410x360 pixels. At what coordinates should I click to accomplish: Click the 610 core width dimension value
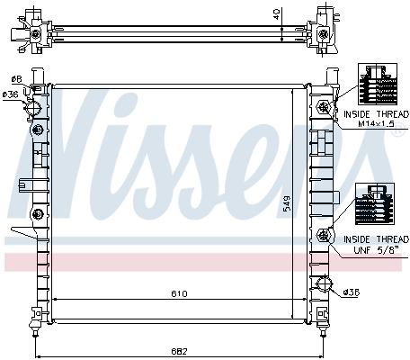pyautogui.click(x=179, y=293)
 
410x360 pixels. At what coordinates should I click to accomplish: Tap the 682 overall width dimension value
pyautogui.click(x=179, y=351)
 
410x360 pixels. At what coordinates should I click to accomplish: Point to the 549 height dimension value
pyautogui.click(x=287, y=203)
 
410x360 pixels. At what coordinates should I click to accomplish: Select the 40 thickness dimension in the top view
pyautogui.click(x=277, y=14)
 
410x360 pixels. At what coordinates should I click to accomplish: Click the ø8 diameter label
pyautogui.click(x=17, y=79)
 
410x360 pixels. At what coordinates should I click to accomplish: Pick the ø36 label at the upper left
pyautogui.click(x=11, y=94)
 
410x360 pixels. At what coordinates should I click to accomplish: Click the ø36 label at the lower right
pyautogui.click(x=352, y=292)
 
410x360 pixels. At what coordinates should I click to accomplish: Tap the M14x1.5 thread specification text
pyautogui.click(x=376, y=123)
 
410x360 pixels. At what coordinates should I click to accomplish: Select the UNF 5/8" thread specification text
pyautogui.click(x=377, y=250)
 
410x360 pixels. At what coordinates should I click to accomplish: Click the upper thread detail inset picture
pyautogui.click(x=378, y=84)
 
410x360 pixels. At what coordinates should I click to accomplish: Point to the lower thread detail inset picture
pyautogui.click(x=375, y=204)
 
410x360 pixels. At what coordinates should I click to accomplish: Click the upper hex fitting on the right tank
pyautogui.click(x=324, y=106)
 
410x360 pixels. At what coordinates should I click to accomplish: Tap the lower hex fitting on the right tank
pyautogui.click(x=324, y=236)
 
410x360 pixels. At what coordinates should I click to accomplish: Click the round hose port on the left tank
pyautogui.click(x=33, y=107)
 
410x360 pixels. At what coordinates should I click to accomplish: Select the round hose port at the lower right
pyautogui.click(x=325, y=283)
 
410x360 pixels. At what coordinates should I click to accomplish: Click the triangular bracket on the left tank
pyautogui.click(x=24, y=232)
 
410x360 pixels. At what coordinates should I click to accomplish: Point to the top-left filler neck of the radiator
pyautogui.click(x=38, y=76)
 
